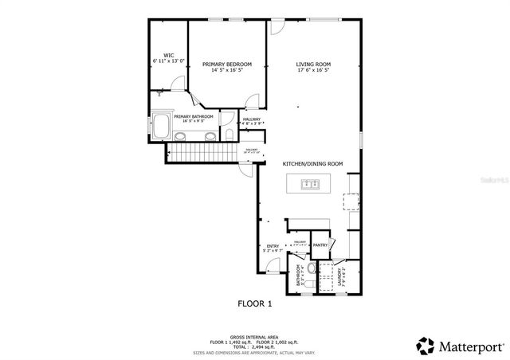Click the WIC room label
coord(168,56)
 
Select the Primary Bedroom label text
coord(227,64)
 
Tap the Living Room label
coord(313,64)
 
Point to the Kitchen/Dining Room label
coord(313,163)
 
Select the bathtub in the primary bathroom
coord(162,127)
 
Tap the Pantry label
coord(321,245)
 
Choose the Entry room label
coord(273,246)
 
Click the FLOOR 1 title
coord(255,303)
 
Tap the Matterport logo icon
coord(425,346)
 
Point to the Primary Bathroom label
coord(194,117)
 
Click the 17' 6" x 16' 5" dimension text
coord(313,70)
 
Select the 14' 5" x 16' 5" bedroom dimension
coord(227,70)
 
